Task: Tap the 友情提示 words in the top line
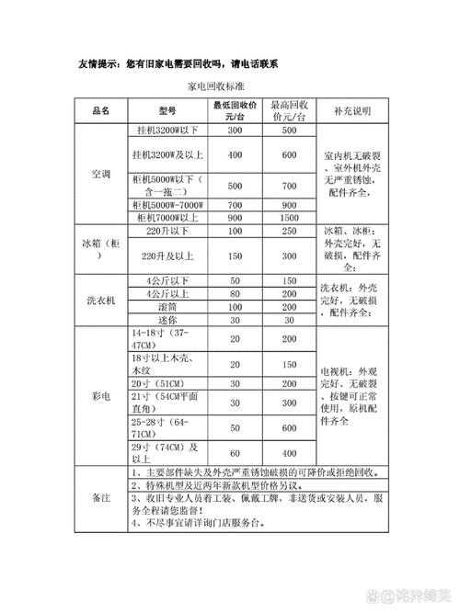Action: (x=100, y=63)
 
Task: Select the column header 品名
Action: (x=101, y=110)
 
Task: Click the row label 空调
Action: (x=101, y=174)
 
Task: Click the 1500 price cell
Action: (x=289, y=218)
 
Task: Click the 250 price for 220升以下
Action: (x=289, y=232)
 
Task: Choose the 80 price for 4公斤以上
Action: (x=234, y=293)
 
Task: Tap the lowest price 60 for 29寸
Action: (x=234, y=453)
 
